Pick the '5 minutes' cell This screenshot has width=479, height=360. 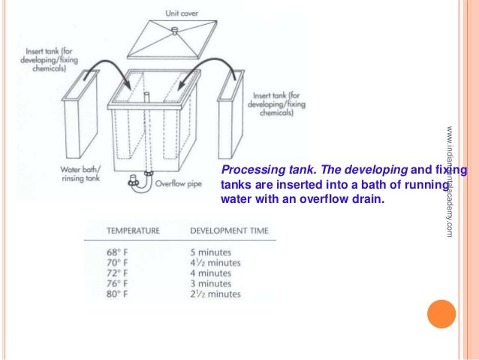pyautogui.click(x=211, y=252)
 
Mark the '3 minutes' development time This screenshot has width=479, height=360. pyautogui.click(x=211, y=284)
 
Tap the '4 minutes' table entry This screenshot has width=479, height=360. pyautogui.click(x=211, y=274)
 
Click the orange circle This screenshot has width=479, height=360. pyautogui.click(x=441, y=314)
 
